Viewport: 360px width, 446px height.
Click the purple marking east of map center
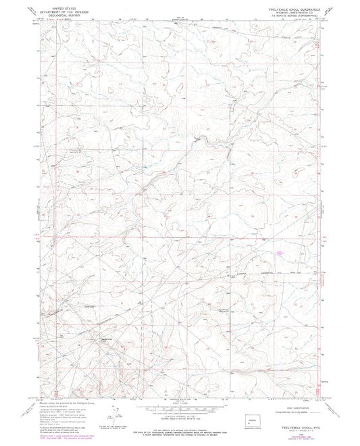coord(278,253)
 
